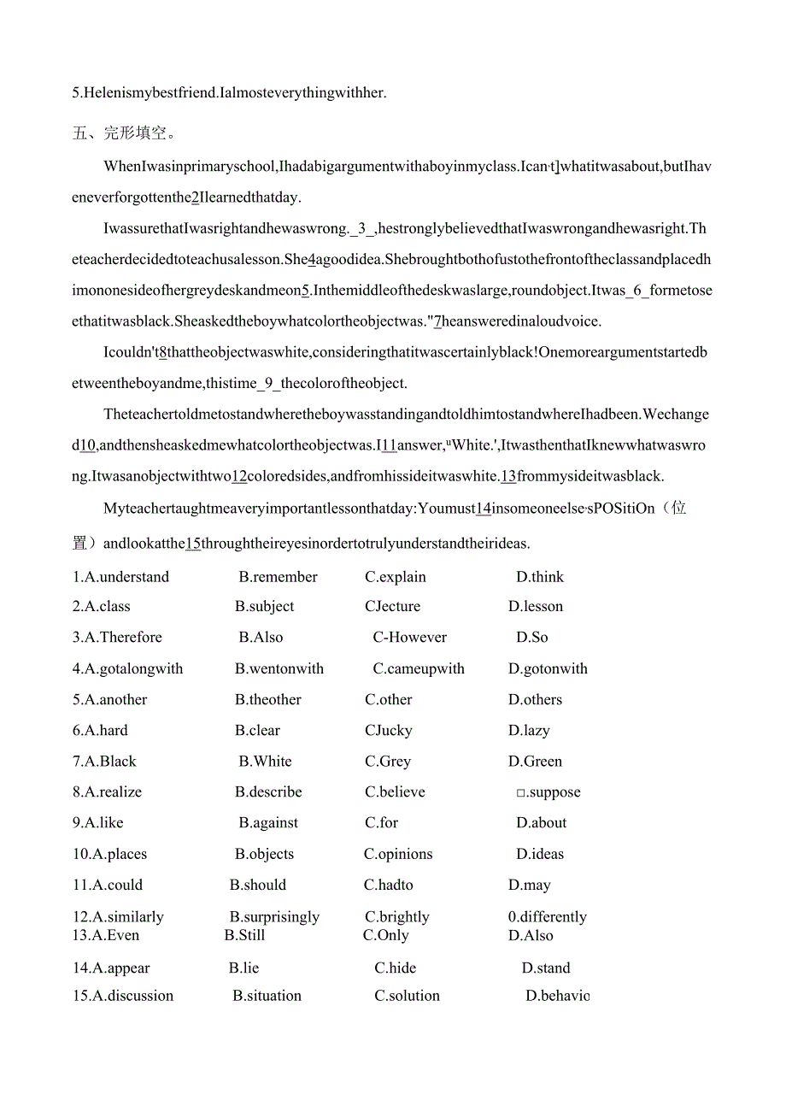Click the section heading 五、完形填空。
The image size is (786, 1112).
tap(125, 133)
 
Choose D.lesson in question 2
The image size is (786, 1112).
tap(536, 607)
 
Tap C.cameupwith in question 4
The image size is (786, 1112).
tap(419, 669)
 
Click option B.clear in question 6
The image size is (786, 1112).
tap(257, 731)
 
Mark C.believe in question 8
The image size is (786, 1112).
tap(395, 792)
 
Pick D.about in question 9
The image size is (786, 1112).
tap(542, 823)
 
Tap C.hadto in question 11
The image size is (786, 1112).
tap(389, 885)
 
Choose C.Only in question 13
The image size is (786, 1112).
tap(386, 936)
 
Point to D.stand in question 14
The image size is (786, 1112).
tap(546, 968)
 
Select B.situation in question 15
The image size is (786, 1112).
tap(267, 996)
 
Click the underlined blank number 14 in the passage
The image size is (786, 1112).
tap(484, 509)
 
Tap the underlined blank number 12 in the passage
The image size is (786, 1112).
tap(239, 476)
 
